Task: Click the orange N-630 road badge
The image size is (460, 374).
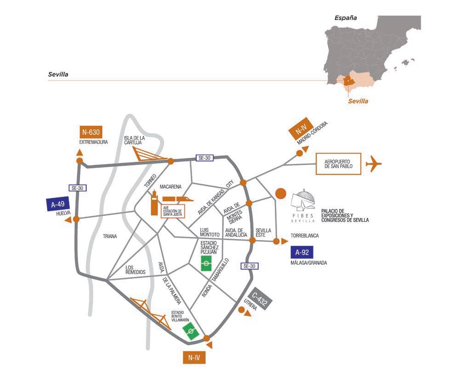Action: [x=90, y=133]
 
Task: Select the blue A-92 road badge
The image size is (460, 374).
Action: [x=301, y=251]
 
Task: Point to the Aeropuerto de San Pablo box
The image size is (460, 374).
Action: [x=337, y=164]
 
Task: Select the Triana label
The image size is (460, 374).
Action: [x=110, y=236]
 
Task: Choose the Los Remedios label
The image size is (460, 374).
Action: [x=135, y=269]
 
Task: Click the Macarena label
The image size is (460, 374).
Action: [x=171, y=187]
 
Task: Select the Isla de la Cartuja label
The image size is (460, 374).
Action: [x=135, y=140]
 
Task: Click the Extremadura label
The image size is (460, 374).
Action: [x=93, y=142]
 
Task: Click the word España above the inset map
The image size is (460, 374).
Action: [x=346, y=18]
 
